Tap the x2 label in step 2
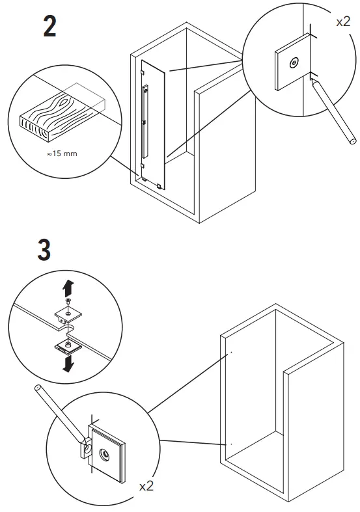343,21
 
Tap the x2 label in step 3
147,486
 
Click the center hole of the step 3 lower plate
104,453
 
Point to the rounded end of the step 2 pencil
352,139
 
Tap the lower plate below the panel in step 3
67,345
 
